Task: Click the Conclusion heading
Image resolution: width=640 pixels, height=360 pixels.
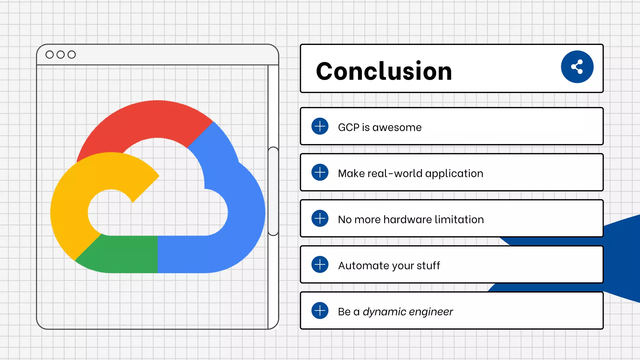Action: tap(384, 71)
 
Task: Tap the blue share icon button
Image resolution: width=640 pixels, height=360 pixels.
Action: tap(577, 67)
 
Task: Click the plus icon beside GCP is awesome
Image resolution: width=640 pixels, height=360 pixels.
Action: tap(320, 126)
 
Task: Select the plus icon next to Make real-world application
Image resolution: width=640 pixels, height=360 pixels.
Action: tap(320, 172)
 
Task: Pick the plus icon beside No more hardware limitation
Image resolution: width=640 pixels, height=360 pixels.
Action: tap(320, 218)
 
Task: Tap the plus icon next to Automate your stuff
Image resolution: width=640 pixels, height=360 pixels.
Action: tap(320, 264)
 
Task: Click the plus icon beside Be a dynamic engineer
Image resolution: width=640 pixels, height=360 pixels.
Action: tap(320, 310)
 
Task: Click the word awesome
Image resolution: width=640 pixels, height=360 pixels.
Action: tap(397, 127)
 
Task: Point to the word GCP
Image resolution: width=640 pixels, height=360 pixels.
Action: tap(348, 127)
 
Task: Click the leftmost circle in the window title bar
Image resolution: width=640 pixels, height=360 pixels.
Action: tap(49, 55)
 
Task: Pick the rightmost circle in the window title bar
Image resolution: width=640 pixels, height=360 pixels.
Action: tap(72, 55)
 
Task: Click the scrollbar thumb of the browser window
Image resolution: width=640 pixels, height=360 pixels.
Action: tap(273, 191)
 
